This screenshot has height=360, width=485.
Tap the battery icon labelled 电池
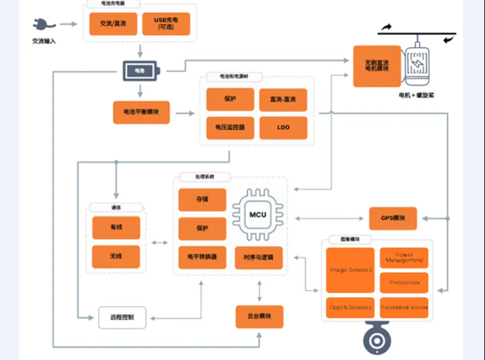141,71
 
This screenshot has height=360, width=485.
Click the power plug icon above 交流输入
40,24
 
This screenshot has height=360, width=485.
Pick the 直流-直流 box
282,100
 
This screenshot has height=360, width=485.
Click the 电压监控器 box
230,128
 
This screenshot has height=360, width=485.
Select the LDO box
282,128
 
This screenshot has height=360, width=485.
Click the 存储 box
201,200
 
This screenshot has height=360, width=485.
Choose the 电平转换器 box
201,257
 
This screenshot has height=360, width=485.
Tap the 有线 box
116,227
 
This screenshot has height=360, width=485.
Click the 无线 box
116,256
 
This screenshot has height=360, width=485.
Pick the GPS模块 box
393,219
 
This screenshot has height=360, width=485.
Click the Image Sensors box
350,270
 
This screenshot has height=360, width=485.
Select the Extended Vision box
404,307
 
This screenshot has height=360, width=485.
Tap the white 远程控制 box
121,317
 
